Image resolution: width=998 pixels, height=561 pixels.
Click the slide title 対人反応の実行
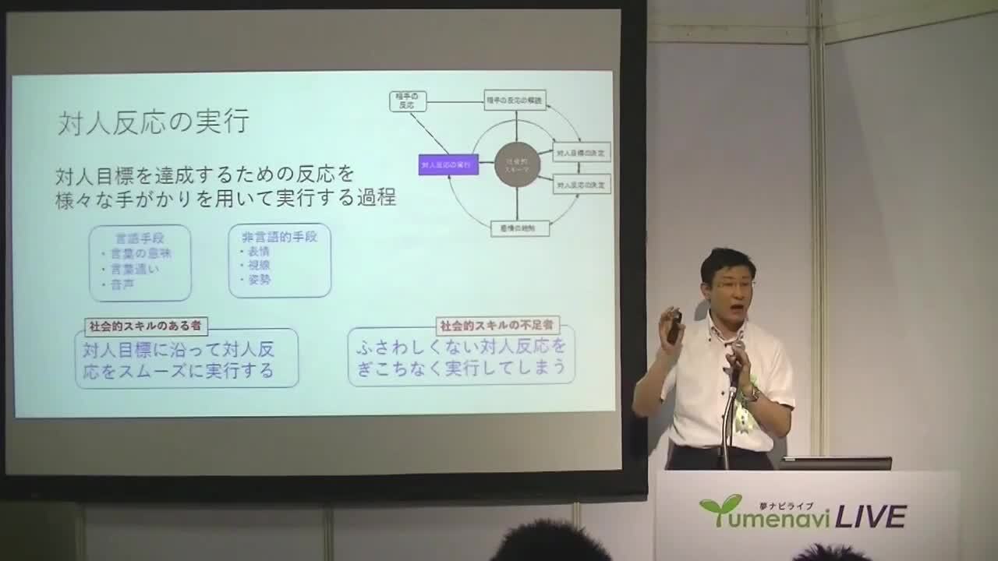153,122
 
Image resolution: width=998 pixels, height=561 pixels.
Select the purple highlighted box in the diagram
448,164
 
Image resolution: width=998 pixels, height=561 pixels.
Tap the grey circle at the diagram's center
517,164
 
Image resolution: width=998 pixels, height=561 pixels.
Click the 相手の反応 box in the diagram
408,101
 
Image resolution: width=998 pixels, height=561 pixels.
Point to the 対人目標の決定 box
582,151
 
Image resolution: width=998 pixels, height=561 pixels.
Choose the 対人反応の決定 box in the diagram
582,185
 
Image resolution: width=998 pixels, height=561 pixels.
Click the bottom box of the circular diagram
520,228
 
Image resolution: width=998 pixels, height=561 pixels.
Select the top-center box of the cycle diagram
515,100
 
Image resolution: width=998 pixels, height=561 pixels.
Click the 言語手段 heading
140,238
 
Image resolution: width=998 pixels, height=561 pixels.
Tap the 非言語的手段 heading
279,237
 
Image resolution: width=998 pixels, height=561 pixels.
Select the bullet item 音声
121,284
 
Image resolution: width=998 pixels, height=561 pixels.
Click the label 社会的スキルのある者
146,326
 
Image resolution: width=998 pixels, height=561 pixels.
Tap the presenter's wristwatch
750,395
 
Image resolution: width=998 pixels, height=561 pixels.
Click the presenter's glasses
730,286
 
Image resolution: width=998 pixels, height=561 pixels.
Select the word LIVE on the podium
871,517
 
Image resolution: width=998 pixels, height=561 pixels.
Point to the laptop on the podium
835,463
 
